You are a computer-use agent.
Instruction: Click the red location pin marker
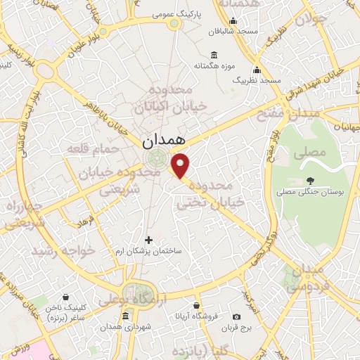181,165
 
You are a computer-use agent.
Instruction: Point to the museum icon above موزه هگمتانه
214,56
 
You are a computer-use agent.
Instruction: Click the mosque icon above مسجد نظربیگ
257,70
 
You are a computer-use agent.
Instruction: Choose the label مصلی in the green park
313,152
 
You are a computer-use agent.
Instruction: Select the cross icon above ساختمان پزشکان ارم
148,240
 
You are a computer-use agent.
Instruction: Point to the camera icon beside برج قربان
236,317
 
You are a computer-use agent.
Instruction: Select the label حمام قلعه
88,148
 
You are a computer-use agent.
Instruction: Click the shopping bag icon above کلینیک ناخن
65,297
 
